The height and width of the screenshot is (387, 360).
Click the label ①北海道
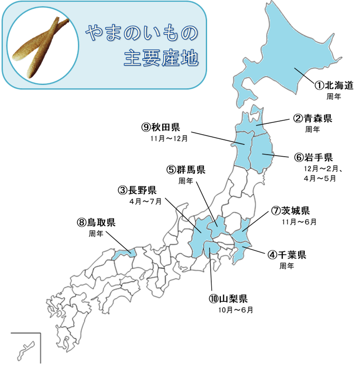coord(333,85)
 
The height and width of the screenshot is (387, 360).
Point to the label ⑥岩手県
coord(313,157)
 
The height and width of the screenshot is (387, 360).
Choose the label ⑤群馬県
coord(186,170)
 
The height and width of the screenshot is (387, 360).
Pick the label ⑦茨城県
coord(291,211)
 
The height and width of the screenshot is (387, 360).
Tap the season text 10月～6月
coord(236,310)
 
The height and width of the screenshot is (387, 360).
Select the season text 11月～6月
coord(299,222)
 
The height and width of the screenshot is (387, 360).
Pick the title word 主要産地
coord(161,58)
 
